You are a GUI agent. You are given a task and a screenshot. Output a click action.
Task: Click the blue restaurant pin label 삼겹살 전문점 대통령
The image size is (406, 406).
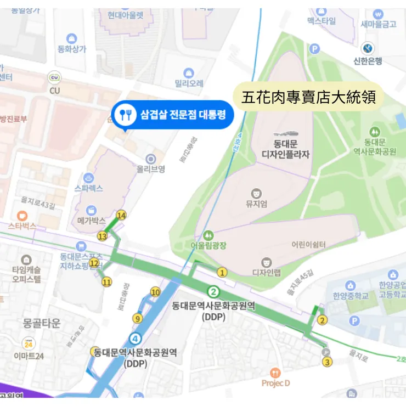pos(172,115)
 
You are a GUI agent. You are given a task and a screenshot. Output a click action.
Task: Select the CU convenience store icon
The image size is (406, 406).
pos(54,77)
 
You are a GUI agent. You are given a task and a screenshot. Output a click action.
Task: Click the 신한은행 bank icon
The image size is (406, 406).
pos(368,48)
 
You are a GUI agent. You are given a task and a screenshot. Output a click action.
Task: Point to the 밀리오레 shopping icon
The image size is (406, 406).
pos(189,72)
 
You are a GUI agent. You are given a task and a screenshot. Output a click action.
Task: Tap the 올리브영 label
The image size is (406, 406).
pos(151,170)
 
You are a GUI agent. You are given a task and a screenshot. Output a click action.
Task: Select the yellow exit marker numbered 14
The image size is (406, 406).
pos(121,216)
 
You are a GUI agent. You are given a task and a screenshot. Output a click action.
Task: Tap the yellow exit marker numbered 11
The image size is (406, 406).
pos(106,282)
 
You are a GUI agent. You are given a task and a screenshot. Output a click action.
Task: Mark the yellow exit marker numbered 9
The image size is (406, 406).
pos(137,318)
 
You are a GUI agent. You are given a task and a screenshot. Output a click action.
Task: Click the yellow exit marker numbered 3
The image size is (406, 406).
pos(328,362)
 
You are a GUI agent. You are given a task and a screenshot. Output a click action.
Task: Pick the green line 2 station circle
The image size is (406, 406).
pos(214,291)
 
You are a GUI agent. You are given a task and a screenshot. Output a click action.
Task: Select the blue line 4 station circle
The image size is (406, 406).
pos(136,338)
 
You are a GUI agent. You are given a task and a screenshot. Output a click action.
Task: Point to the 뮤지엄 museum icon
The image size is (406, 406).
pos(256,193)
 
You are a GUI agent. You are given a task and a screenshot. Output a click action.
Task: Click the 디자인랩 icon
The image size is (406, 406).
pos(267,262)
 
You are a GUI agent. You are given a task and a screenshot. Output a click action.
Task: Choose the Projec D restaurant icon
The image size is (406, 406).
pos(276,373)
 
